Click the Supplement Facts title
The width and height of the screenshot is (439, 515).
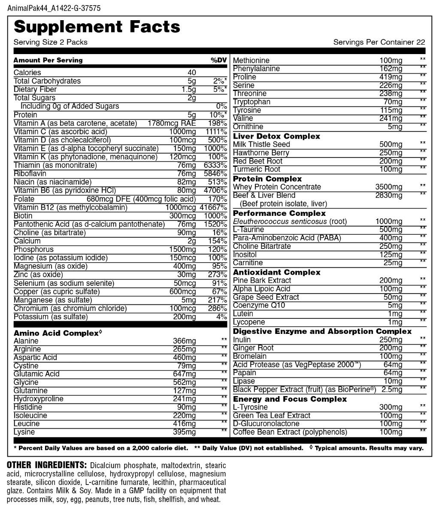(97, 27)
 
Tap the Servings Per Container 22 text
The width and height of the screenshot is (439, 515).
(379, 42)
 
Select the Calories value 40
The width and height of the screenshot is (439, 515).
(191, 73)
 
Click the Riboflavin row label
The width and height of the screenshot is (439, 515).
(29, 173)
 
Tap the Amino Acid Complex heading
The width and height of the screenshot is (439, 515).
(56, 333)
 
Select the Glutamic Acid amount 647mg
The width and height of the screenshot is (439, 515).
(184, 374)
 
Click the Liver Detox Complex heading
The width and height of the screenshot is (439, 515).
(276, 136)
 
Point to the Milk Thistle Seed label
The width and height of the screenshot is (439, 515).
(261, 144)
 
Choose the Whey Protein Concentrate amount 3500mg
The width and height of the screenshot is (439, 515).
(389, 187)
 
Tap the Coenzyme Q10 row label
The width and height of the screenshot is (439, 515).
(259, 306)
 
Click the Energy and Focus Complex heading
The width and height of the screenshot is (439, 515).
(290, 399)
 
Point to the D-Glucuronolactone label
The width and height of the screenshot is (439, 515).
(266, 424)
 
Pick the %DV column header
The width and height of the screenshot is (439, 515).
(218, 60)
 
